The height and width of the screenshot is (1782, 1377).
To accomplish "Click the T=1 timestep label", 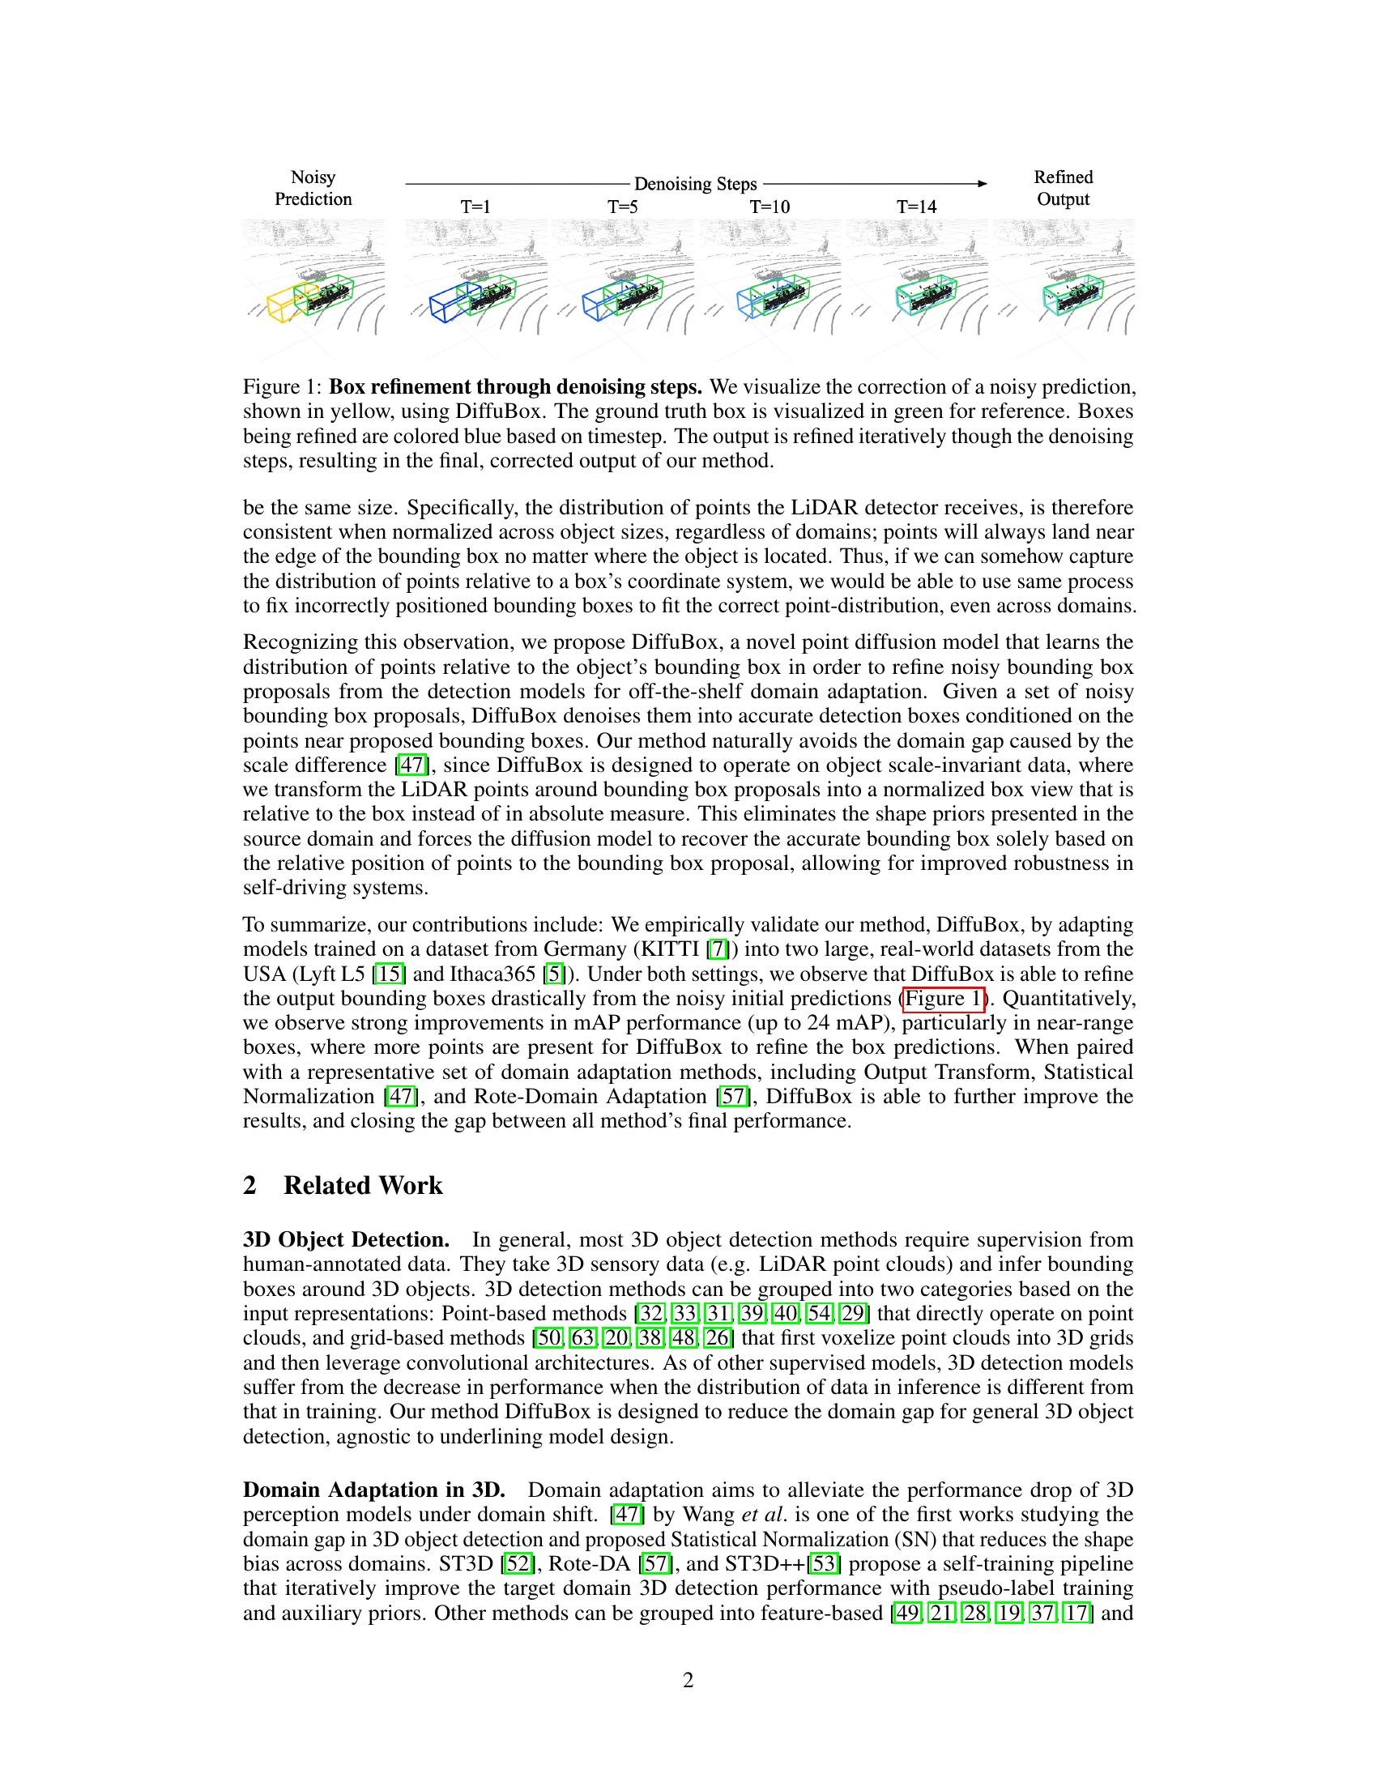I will (475, 207).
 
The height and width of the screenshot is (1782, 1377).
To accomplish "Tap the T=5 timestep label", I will (621, 207).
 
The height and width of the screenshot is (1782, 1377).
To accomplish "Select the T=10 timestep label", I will (769, 207).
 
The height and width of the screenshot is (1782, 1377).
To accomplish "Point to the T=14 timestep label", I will (916, 207).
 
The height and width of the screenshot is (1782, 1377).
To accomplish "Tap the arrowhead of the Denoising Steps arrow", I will (983, 184).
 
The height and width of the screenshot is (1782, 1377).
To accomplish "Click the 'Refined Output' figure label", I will (1063, 189).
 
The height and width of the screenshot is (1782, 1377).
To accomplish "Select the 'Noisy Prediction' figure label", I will (313, 189).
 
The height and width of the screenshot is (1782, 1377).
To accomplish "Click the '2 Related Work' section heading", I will (343, 1186).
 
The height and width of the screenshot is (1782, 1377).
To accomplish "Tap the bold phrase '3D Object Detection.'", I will (346, 1240).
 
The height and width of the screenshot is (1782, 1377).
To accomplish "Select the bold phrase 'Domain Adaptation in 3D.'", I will (373, 1490).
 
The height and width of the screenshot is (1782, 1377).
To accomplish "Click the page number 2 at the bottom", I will (688, 1681).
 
